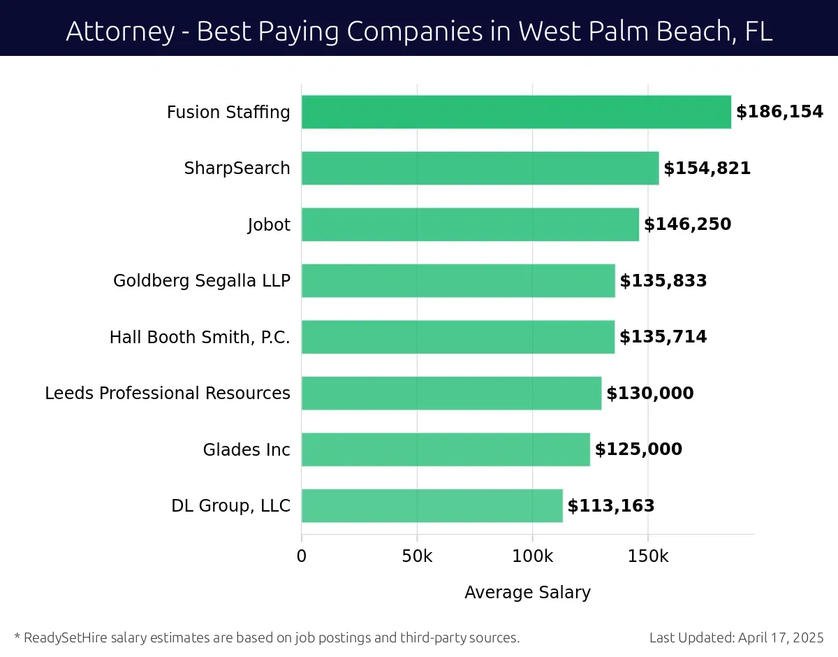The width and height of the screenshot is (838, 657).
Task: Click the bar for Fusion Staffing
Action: (516, 112)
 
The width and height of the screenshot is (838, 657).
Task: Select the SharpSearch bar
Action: (480, 168)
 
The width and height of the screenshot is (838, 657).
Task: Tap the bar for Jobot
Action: (470, 224)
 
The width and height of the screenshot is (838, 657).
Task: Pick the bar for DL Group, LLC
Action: (432, 505)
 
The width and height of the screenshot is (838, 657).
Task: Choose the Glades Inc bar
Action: (446, 449)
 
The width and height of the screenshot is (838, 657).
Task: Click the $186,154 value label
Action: (779, 112)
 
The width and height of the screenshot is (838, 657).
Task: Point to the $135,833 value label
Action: (663, 281)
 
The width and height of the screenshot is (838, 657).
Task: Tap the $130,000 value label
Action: (650, 394)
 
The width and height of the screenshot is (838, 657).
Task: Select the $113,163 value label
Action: (611, 506)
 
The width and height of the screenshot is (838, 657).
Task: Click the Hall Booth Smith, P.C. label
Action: (200, 338)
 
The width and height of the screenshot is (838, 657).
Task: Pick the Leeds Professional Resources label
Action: (168, 394)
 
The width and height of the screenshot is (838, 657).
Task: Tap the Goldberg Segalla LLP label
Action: (202, 281)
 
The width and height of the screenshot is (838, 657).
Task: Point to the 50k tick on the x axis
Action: (417, 556)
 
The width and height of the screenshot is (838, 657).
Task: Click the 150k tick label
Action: (648, 556)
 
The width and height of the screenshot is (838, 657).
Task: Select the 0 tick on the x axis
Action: (302, 556)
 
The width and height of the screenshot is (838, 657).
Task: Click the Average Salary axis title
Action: (527, 593)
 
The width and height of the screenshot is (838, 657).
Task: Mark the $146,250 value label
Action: (687, 224)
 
